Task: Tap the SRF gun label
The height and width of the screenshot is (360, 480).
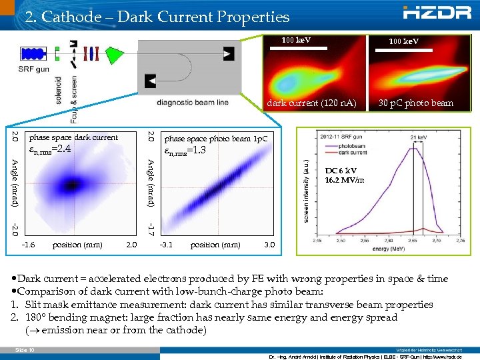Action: [x=33, y=69]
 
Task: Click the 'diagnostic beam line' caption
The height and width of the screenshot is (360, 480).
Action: [x=193, y=102]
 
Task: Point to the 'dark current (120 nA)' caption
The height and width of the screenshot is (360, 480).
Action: [x=311, y=103]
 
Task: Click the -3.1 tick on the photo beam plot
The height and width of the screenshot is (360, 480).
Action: [x=167, y=245]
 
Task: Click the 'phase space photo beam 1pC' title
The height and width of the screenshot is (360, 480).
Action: [x=216, y=139]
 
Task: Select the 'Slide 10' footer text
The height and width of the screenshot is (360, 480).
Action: [x=24, y=349]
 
